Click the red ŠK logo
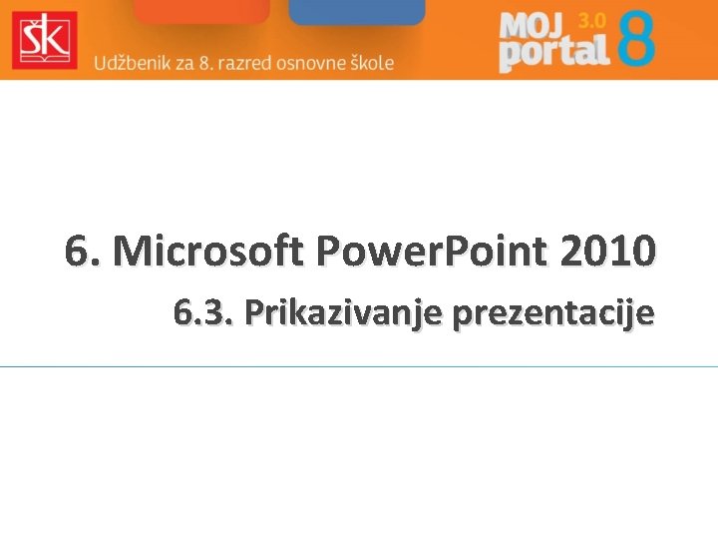tap(44, 40)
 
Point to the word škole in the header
tap(370, 62)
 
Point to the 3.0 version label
tap(590, 20)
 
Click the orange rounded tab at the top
tap(201, 11)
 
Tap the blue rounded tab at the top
tap(356, 11)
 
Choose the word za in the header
tap(180, 62)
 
